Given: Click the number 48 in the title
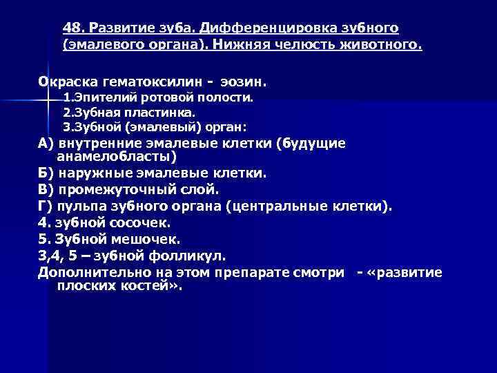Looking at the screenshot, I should (x=70, y=28).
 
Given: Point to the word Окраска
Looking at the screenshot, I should (x=66, y=82).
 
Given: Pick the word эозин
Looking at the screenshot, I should (x=240, y=82).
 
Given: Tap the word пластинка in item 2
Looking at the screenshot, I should (x=166, y=112).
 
